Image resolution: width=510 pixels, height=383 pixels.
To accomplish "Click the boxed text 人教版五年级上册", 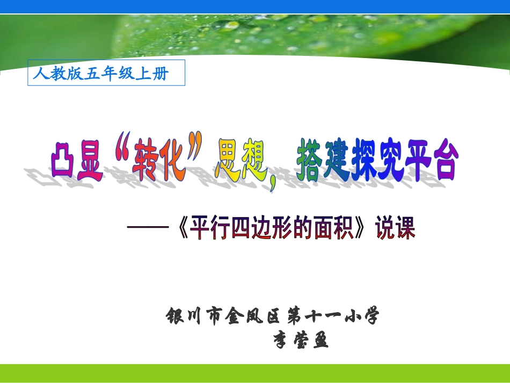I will (106, 73).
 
